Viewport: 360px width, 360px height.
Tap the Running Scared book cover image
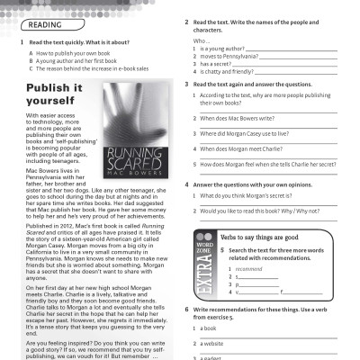(x=135, y=125)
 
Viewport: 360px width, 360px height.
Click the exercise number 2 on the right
(x=186, y=22)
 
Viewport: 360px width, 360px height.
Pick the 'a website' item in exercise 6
(x=211, y=344)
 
